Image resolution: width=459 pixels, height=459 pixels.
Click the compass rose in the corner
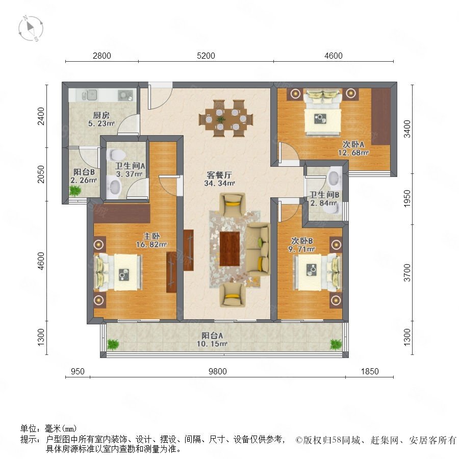point(31,29)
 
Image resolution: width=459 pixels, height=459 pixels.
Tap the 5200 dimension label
point(206,56)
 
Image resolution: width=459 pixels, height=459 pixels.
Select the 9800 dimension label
point(217,371)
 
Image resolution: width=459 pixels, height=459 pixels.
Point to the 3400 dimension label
point(407,129)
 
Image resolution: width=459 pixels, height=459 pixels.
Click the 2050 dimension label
point(41,174)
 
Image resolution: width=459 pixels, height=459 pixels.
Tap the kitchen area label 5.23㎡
point(101,123)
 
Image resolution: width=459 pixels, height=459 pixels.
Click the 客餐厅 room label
point(219,175)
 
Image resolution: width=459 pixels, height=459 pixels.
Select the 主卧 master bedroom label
point(151,236)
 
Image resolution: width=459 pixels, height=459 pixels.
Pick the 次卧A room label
point(353,144)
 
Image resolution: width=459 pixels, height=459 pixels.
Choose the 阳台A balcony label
point(212,336)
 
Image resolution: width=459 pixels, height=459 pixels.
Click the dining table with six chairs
point(226,119)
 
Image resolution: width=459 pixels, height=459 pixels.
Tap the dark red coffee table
point(229,249)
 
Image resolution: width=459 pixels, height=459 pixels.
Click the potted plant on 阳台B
point(75,191)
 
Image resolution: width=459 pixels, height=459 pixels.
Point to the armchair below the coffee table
point(233,295)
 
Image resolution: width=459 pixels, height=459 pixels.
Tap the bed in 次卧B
point(318,273)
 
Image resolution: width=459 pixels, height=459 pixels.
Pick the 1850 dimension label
point(370,371)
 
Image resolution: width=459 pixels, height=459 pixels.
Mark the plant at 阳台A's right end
point(336,344)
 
